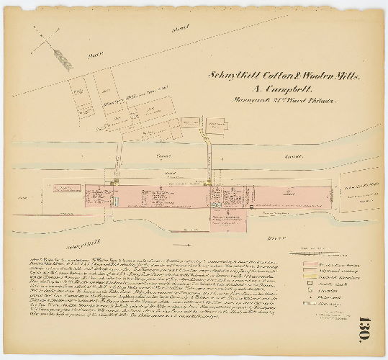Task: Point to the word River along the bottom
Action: [271, 235]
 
